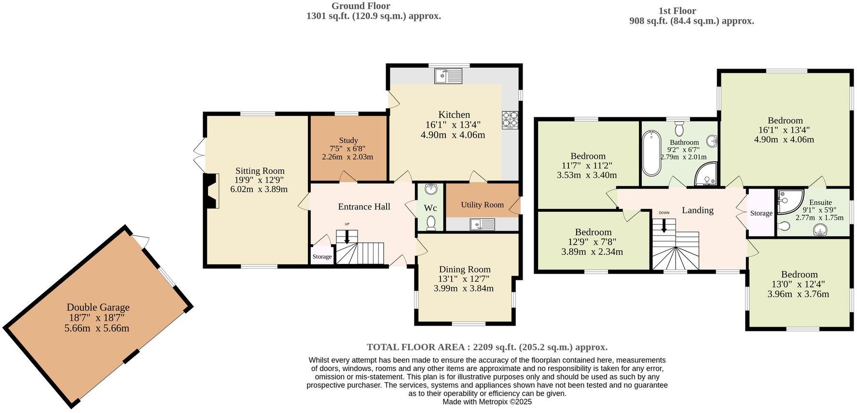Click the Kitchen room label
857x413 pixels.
[454, 115]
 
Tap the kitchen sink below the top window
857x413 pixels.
[448, 76]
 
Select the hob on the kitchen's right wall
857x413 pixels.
[510, 120]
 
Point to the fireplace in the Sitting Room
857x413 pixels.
[210, 191]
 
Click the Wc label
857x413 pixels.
[430, 208]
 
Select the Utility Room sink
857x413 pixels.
[482, 224]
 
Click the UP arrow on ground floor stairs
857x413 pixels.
[346, 236]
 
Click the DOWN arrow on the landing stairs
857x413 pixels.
[664, 225]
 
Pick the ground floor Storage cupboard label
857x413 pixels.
[322, 257]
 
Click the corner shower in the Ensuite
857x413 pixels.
[789, 201]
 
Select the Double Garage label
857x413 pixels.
[98, 307]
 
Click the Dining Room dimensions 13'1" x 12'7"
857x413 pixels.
[464, 279]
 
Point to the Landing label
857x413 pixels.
[697, 210]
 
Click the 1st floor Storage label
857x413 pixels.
[761, 213]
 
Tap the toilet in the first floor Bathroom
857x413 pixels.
[679, 128]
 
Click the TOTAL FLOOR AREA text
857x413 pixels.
[487, 347]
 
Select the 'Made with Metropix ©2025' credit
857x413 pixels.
[487, 401]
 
